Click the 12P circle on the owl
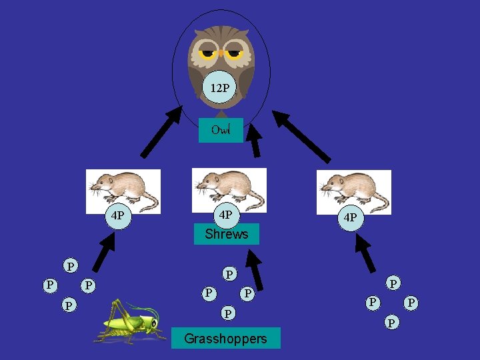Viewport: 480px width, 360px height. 220,88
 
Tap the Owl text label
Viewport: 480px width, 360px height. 221,130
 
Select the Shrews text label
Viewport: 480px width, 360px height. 226,234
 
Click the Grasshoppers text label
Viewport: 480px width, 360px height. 225,339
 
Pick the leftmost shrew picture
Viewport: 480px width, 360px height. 123,191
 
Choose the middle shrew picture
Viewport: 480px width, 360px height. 229,190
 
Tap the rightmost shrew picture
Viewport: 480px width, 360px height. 353,192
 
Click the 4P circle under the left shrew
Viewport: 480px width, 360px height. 119,216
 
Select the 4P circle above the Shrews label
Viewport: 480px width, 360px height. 225,215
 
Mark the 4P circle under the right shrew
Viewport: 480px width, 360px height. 350,218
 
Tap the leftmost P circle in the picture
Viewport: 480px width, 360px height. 49,285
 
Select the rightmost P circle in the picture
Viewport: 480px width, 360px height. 412,303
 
